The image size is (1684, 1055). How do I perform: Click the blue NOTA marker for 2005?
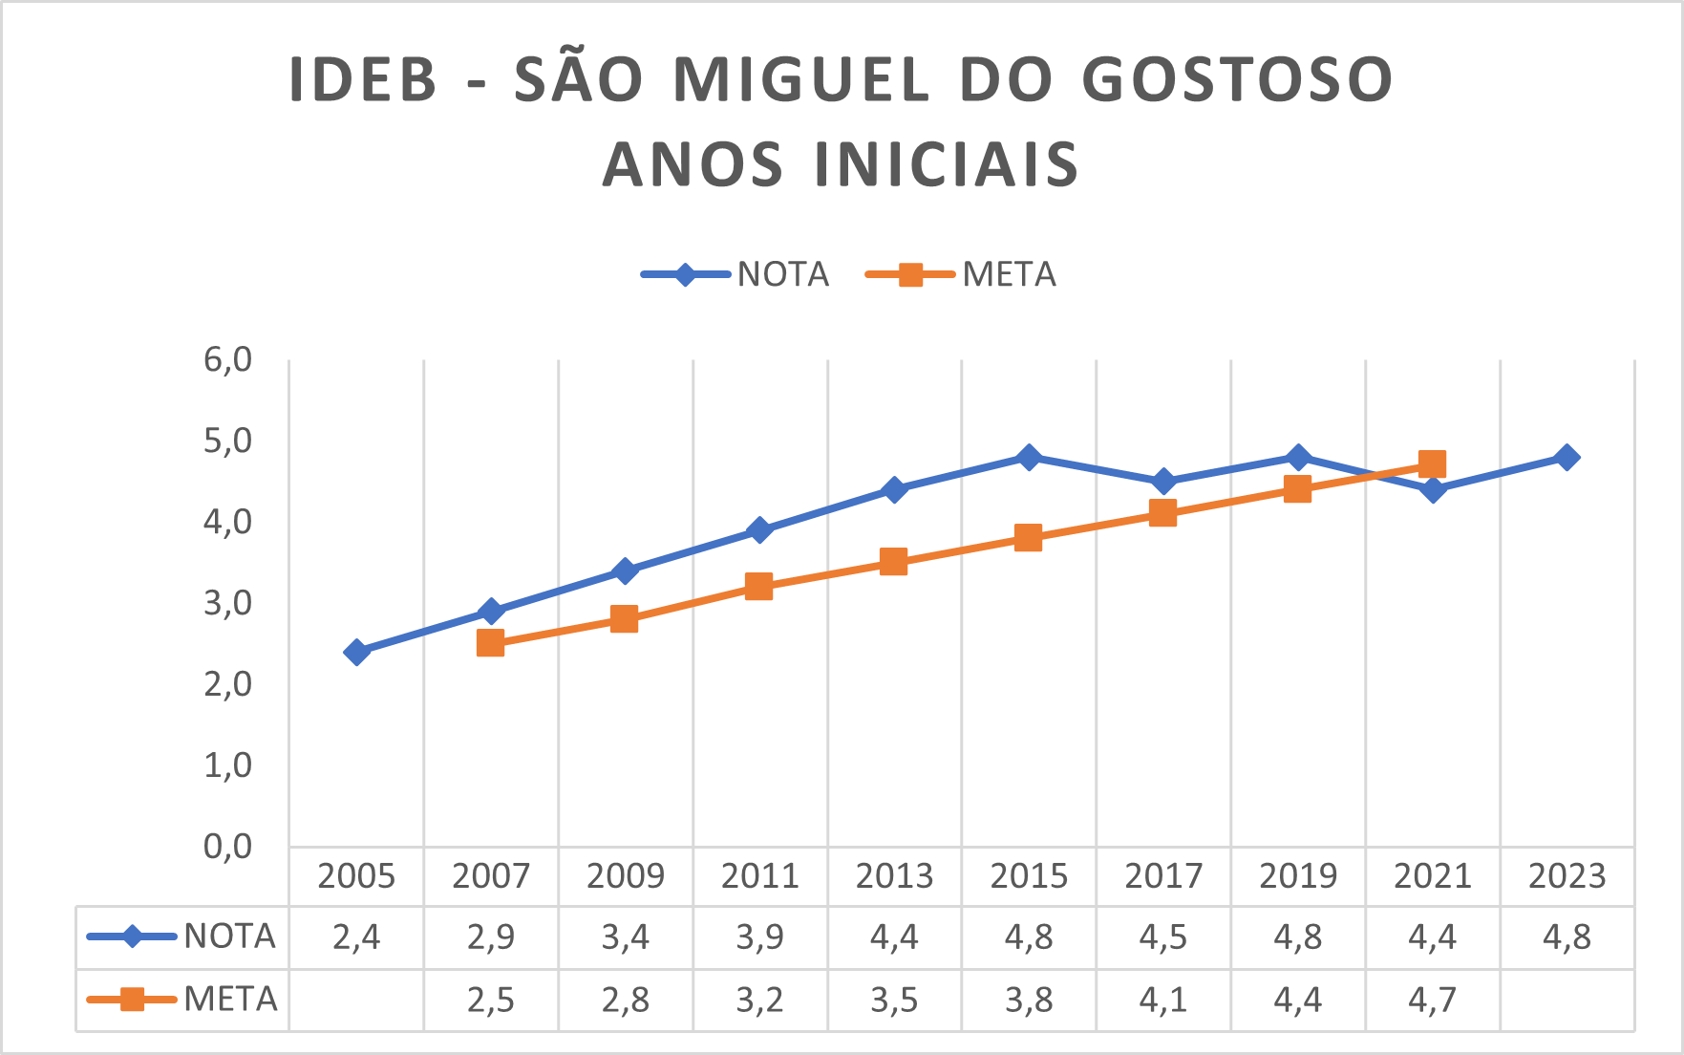pos(356,653)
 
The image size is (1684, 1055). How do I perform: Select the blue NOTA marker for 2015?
pos(1029,458)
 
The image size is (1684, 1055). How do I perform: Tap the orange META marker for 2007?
pos(490,643)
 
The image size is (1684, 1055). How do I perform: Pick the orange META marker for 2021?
pos(1432,465)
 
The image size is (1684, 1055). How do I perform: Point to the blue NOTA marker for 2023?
pos(1567,458)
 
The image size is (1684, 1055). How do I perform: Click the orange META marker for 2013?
pos(893,562)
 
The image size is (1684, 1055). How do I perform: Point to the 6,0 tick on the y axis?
pos(227,360)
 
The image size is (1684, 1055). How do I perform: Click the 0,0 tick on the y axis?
pos(227,847)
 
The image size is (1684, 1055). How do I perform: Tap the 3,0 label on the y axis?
pos(227,604)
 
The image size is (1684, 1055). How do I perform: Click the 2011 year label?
pos(759,876)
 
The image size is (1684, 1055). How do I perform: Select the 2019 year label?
pos(1297,876)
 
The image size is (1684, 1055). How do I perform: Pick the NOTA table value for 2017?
pos(1162,937)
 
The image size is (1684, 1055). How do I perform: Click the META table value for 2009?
pos(625,1001)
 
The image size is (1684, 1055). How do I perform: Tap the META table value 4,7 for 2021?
pos(1432,1001)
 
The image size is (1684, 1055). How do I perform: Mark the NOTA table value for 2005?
pos(356,937)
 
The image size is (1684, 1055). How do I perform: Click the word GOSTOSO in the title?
pos(1238,80)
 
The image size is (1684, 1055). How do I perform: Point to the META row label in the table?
pos(230,1000)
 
